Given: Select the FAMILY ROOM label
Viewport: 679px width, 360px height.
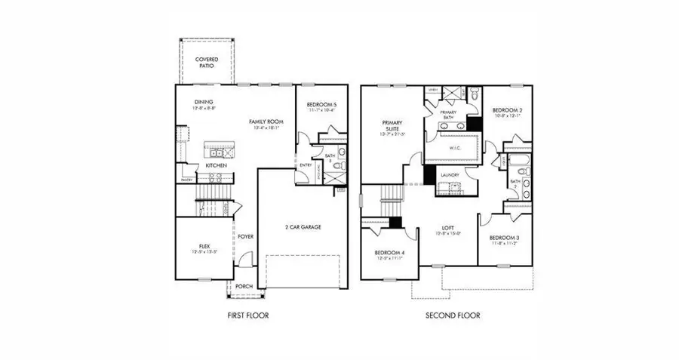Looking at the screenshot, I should (266, 122).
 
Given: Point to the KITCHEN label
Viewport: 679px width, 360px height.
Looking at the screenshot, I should (217, 165).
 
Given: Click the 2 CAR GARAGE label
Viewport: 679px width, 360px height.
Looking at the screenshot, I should (304, 227).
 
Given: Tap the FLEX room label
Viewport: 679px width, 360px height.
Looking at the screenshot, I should (203, 247).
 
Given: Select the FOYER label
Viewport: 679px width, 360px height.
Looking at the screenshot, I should (245, 236).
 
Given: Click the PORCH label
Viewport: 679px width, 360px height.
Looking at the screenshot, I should (244, 286).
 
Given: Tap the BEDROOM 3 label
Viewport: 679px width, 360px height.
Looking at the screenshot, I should (504, 238).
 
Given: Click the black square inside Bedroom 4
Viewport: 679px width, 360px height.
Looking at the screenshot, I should (395, 223).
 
